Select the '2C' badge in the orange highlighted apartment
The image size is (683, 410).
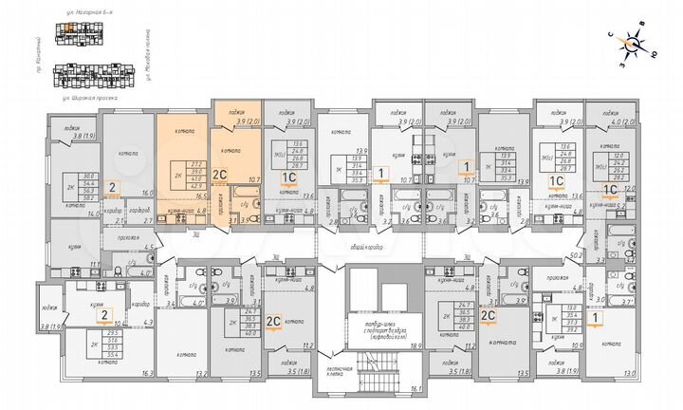218,174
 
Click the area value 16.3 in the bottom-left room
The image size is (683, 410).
145,374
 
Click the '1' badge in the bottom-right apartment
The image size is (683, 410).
594,319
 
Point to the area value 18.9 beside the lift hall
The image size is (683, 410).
415,348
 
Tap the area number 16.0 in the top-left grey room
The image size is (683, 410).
145,193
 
